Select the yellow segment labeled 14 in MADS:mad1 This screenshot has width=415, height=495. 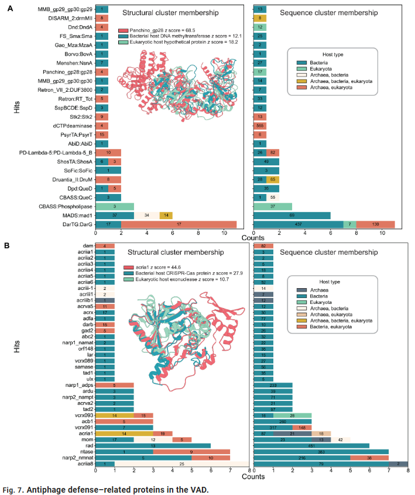[166, 215]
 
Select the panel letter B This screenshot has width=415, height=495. [9, 245]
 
